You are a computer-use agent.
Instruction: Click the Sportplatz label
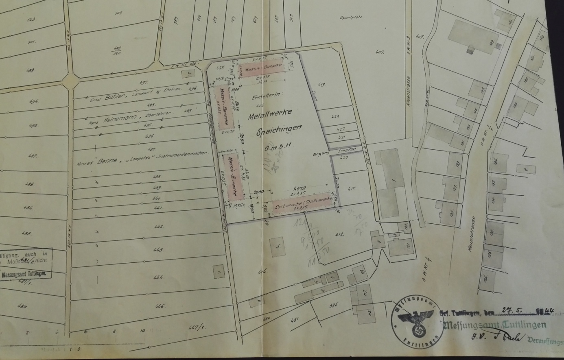tap(350, 17)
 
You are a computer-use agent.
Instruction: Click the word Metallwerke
tap(270, 114)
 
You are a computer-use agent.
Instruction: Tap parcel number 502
tap(118, 13)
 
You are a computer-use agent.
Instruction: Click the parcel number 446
tap(160, 306)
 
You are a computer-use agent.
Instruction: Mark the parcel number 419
tap(321, 85)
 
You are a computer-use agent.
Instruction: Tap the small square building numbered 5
tap(278, 246)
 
